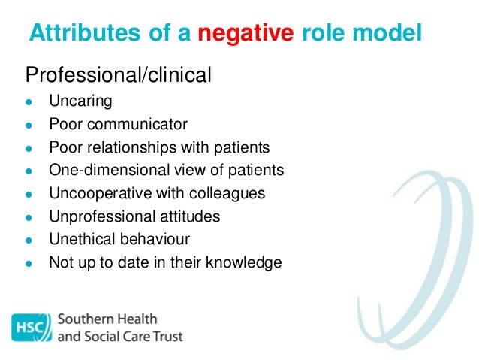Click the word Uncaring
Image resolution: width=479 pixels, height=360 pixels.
(x=80, y=101)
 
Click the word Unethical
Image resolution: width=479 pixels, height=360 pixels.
(x=79, y=239)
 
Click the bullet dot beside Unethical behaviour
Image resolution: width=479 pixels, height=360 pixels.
(x=29, y=241)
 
